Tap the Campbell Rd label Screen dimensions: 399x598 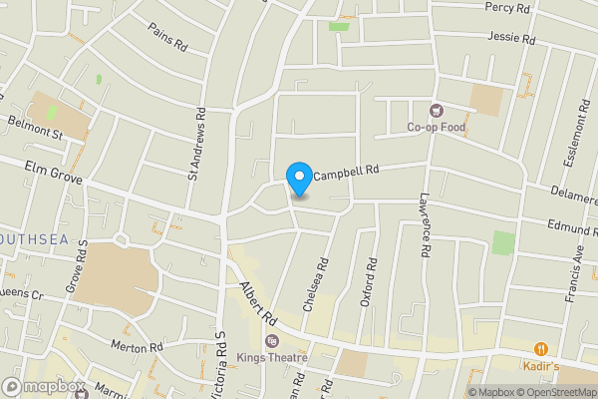point(348,174)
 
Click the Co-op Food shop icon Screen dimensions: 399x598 point(435,110)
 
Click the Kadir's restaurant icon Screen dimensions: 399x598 point(541,349)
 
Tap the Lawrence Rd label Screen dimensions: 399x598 point(424,226)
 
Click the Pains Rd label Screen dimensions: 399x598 point(167,38)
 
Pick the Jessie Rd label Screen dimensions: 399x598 point(511,38)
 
